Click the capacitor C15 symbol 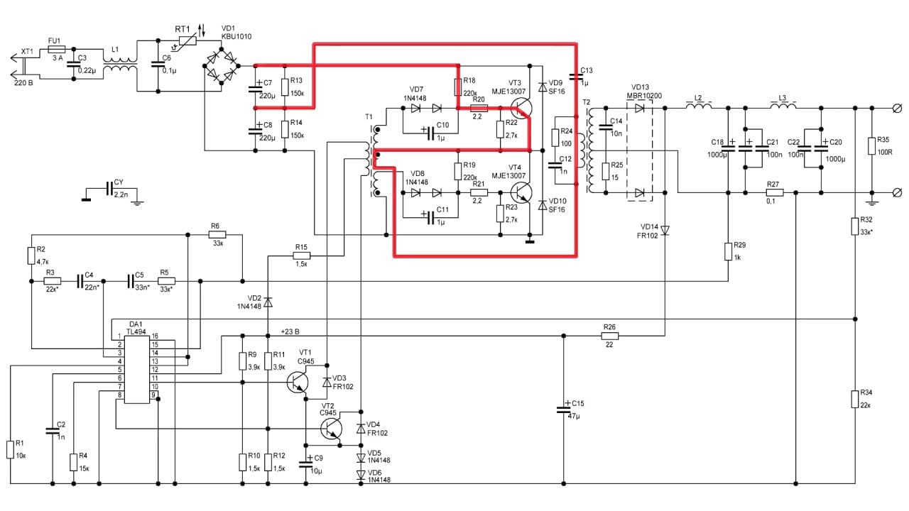click(x=563, y=410)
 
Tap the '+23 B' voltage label click(x=290, y=331)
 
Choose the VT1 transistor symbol click(x=298, y=383)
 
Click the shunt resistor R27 click(x=774, y=192)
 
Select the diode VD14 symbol click(x=665, y=229)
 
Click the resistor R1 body click(x=10, y=449)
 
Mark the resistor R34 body click(x=854, y=398)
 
